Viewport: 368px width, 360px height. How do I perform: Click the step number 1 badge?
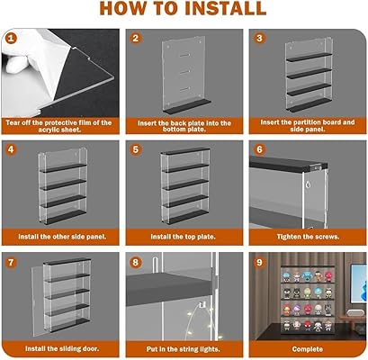[x=11, y=39]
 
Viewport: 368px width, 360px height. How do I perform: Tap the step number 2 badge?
[x=136, y=39]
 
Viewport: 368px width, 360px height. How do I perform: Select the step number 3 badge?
[x=259, y=39]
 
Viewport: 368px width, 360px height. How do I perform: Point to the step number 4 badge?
[x=11, y=149]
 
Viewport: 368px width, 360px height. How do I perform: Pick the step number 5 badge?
[x=136, y=149]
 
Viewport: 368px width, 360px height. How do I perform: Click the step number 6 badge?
[x=259, y=149]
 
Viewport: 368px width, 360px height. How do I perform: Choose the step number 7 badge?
[x=11, y=263]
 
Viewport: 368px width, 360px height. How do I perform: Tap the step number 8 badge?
[x=136, y=263]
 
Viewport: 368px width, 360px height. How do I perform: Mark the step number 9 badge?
[x=259, y=263]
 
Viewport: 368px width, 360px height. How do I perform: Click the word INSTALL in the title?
[x=225, y=8]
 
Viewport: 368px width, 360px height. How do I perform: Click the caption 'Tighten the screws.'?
[x=308, y=237]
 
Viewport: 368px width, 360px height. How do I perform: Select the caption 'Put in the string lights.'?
[x=184, y=349]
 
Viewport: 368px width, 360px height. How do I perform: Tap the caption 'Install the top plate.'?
[x=183, y=237]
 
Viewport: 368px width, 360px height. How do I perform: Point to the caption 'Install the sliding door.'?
[x=62, y=349]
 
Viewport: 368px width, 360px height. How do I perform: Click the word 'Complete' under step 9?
[x=308, y=349]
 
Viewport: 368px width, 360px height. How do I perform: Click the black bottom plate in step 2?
[x=186, y=107]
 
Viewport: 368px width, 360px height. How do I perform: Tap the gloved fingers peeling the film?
[x=18, y=60]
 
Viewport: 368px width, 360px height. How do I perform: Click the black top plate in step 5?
[x=185, y=151]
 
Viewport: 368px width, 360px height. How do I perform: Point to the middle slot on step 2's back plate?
[x=185, y=71]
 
